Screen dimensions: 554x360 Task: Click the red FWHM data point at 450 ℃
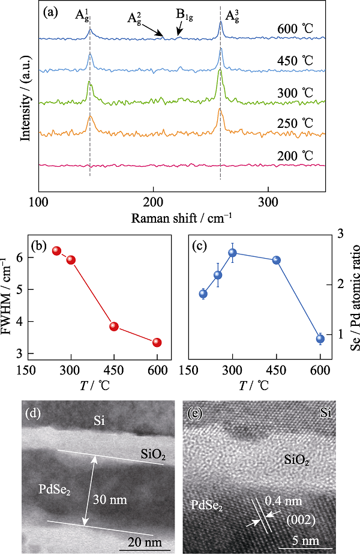click(x=114, y=327)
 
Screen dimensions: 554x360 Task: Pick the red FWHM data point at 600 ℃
click(x=157, y=342)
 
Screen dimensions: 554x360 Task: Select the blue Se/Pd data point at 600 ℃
click(x=320, y=339)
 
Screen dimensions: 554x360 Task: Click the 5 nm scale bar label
click(x=305, y=541)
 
